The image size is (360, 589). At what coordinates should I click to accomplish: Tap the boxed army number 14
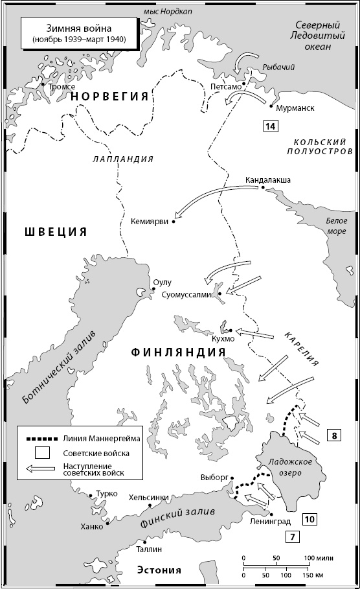click(x=271, y=126)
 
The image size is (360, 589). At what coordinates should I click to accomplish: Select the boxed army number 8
click(x=333, y=435)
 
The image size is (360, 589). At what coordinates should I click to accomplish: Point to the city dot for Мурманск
click(x=269, y=106)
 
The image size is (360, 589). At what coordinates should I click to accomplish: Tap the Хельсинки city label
click(x=149, y=497)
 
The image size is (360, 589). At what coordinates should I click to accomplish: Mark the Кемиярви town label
click(x=150, y=220)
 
